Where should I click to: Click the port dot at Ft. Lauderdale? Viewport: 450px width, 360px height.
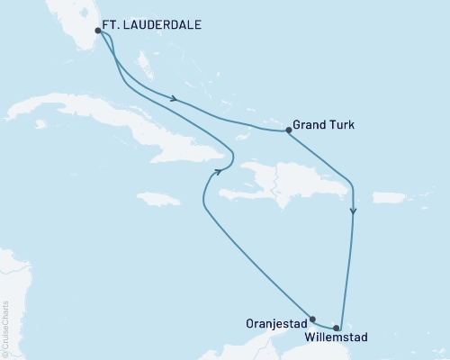pyautogui.click(x=98, y=31)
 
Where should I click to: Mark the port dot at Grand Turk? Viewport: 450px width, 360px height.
pyautogui.click(x=288, y=130)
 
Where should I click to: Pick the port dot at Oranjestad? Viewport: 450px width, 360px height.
pyautogui.click(x=312, y=318)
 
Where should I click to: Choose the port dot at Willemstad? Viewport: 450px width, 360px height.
pyautogui.click(x=337, y=328)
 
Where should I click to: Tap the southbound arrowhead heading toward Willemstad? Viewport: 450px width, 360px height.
pyautogui.click(x=354, y=213)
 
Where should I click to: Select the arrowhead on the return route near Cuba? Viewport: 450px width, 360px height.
pyautogui.click(x=217, y=172)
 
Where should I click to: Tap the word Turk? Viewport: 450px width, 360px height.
pyautogui.click(x=347, y=128)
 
